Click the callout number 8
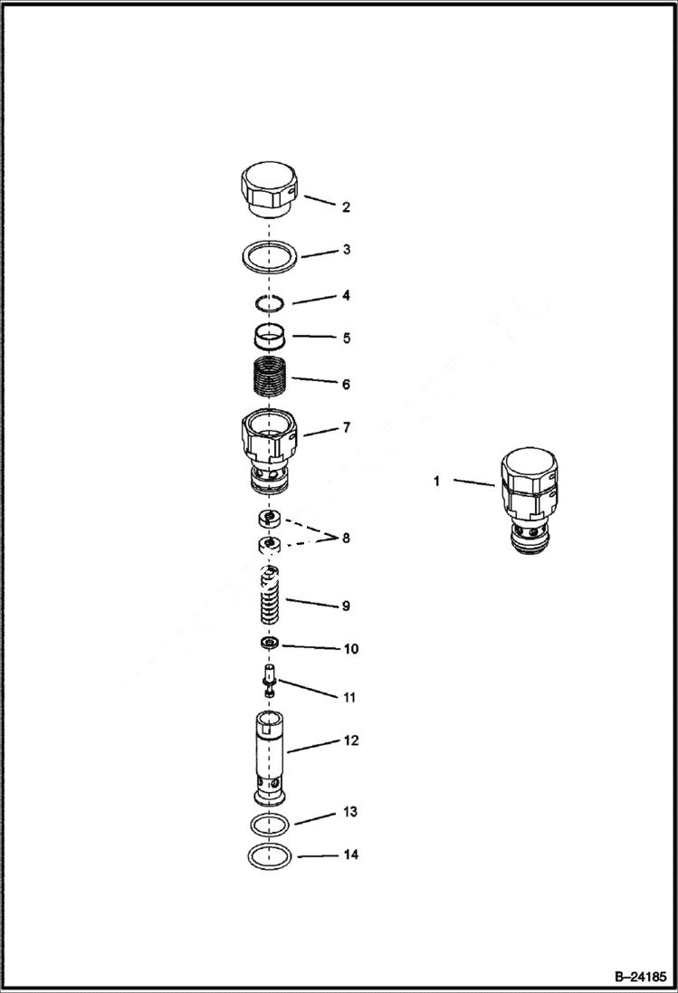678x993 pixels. pyautogui.click(x=346, y=538)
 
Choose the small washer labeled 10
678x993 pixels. pyautogui.click(x=268, y=644)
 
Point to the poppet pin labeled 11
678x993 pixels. pyautogui.click(x=268, y=680)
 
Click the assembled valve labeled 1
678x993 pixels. pyautogui.click(x=529, y=500)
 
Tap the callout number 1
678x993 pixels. pyautogui.click(x=436, y=482)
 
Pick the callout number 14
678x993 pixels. pyautogui.click(x=350, y=855)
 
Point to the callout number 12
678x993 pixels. pyautogui.click(x=350, y=740)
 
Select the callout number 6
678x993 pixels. pyautogui.click(x=346, y=384)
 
